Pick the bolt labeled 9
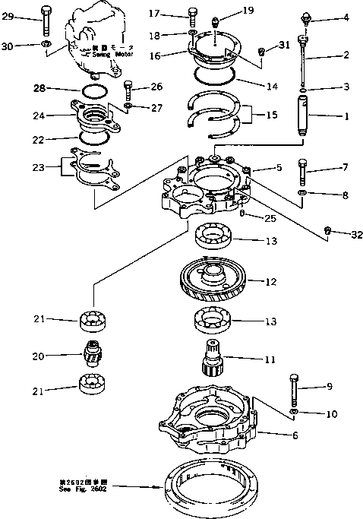tap(293, 389)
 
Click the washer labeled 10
tap(295, 413)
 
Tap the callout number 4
tap(347, 17)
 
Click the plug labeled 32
tap(327, 230)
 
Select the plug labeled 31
tap(262, 52)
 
